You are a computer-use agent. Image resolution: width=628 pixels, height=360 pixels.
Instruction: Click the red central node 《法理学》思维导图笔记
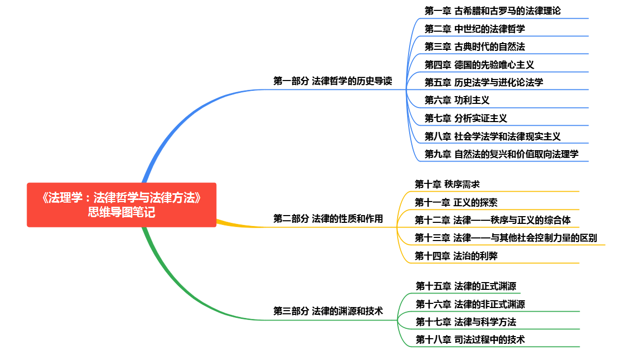click(x=121, y=205)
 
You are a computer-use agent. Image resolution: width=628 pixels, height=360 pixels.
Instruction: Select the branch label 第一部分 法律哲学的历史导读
click(x=333, y=81)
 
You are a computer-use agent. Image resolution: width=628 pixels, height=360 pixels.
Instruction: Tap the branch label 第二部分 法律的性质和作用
click(x=328, y=219)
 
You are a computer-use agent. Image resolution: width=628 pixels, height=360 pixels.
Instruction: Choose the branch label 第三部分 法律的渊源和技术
click(x=328, y=311)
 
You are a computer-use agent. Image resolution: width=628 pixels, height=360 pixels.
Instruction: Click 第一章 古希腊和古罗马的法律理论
click(x=492, y=10)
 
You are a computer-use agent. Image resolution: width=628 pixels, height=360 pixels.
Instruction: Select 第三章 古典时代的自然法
click(x=475, y=46)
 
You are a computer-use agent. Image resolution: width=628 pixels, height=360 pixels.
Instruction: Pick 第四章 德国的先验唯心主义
click(x=479, y=64)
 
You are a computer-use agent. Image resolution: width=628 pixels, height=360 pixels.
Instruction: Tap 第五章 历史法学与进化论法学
click(x=484, y=82)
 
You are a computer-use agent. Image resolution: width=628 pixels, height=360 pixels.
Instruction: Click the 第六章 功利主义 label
click(x=457, y=100)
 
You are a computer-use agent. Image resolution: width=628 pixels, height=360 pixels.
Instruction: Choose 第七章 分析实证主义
click(x=466, y=118)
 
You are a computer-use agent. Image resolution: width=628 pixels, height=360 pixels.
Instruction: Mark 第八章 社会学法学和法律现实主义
click(x=492, y=136)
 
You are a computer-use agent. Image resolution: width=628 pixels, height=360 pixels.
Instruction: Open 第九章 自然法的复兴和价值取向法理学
click(x=501, y=154)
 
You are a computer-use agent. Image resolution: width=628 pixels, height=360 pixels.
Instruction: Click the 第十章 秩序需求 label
click(x=447, y=184)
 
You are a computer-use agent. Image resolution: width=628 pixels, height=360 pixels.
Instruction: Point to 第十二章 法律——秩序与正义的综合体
click(x=492, y=220)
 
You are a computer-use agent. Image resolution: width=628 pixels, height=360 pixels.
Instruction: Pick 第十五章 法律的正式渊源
click(x=466, y=286)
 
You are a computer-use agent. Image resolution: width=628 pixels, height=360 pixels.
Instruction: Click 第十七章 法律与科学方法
click(x=466, y=322)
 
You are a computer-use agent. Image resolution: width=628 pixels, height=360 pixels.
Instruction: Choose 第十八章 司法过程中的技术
click(x=470, y=339)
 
